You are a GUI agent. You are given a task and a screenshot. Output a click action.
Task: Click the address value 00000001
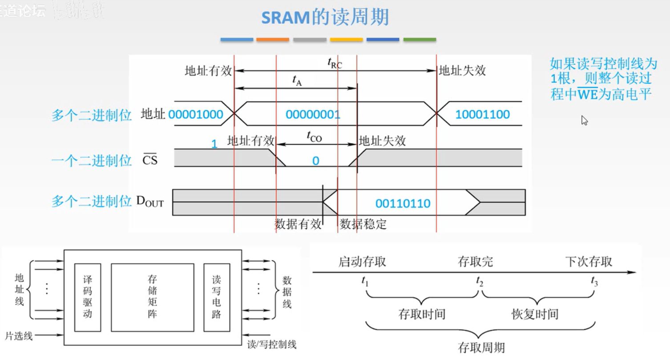[313, 114]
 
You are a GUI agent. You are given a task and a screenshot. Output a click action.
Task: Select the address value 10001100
[482, 114]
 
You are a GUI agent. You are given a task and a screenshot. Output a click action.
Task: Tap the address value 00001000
[196, 114]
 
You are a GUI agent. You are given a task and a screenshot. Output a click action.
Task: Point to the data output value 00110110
[403, 204]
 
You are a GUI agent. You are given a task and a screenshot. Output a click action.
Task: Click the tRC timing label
[335, 64]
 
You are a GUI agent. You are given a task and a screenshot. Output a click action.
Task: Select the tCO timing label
[314, 137]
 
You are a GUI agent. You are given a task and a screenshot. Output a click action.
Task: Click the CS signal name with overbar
[150, 160]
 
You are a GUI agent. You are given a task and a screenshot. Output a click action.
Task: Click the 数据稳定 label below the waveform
[363, 224]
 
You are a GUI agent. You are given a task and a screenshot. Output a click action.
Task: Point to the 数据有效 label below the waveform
[298, 224]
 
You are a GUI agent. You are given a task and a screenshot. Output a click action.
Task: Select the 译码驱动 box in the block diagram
[87, 297]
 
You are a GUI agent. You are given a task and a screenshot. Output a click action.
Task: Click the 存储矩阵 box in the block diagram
[152, 297]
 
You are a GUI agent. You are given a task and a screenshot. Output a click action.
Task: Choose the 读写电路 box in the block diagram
[217, 297]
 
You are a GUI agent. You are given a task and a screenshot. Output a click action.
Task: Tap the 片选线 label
[19, 336]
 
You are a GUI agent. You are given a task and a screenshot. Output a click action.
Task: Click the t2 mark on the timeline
[479, 281]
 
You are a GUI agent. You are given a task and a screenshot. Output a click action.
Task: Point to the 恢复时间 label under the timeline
[535, 315]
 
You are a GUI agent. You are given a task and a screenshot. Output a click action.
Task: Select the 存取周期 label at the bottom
[481, 347]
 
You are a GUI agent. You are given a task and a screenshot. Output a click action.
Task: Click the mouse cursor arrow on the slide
[584, 120]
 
